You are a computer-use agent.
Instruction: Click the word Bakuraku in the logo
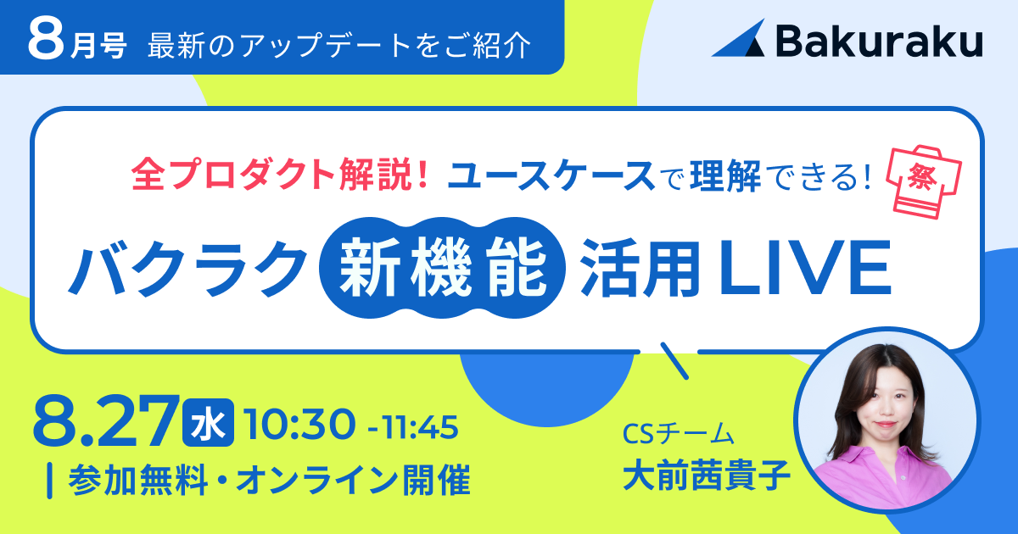pos(880,41)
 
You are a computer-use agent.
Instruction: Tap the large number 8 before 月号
pos(46,40)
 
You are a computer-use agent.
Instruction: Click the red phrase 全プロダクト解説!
pos(279,175)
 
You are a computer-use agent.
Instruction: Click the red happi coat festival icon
pos(924,182)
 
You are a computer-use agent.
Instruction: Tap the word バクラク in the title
pos(187,268)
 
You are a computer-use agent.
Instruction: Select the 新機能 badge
pos(442,268)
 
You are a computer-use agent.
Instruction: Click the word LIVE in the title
pos(804,268)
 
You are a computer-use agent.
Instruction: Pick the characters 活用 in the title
pos(640,268)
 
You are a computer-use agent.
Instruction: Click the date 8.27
pos(105,422)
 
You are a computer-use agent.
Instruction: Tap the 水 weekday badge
pos(208,422)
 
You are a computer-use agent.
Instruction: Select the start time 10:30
pos(300,425)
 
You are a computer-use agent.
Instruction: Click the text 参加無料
pos(138,480)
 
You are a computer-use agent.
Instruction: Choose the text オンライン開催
pos(353,480)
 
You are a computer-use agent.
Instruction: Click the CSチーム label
pos(678,433)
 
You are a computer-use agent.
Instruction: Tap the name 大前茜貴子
pos(706,475)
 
